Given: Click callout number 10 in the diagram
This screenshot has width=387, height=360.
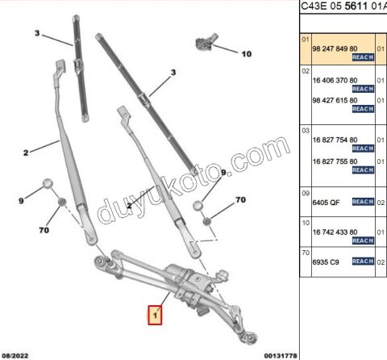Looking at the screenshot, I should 246,54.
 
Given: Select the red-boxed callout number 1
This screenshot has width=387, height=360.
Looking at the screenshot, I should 154,313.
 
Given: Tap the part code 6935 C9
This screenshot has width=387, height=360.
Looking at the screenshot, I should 323,262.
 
